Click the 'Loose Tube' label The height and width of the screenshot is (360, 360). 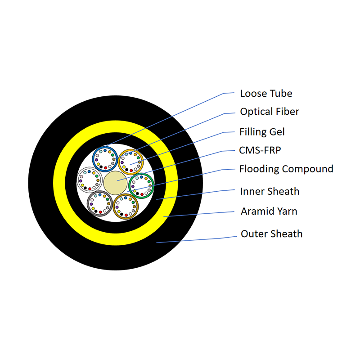(x=266, y=94)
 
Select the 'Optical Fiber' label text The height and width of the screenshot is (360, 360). (x=270, y=112)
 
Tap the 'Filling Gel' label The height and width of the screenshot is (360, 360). (x=262, y=132)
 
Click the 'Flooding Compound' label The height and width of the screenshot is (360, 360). (x=286, y=169)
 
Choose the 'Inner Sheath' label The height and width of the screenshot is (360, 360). (x=270, y=191)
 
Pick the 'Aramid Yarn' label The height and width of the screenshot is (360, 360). (x=269, y=211)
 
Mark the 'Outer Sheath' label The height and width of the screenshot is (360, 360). (x=271, y=234)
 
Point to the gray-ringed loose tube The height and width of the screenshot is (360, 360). (x=100, y=203)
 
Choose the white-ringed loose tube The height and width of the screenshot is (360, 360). (x=90, y=180)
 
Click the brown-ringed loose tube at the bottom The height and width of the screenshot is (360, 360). (x=126, y=206)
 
